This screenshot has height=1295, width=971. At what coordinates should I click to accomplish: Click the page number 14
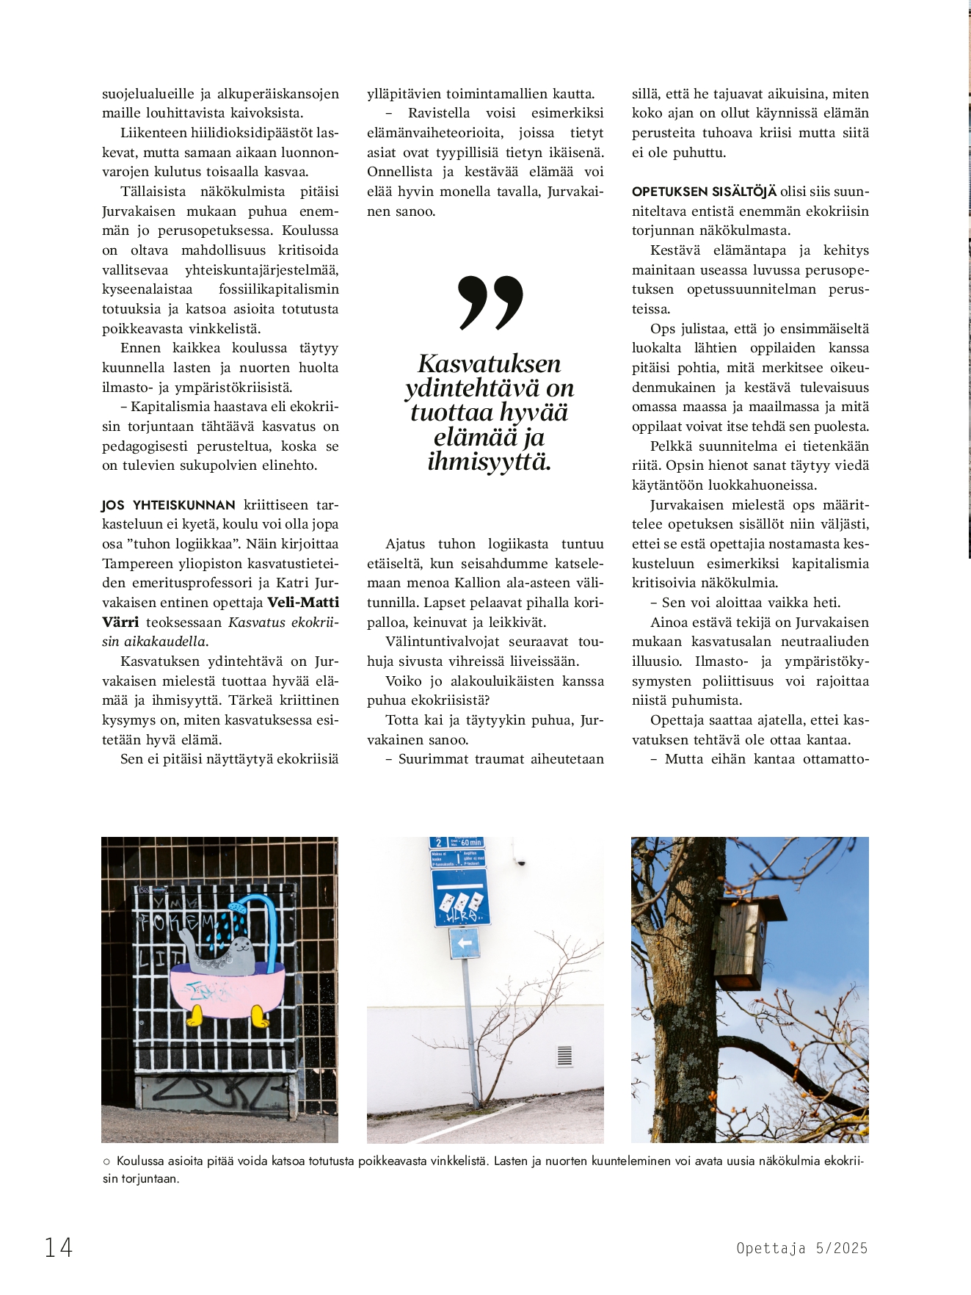[59, 1247]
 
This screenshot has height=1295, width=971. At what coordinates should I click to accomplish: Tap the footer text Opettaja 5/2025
[801, 1248]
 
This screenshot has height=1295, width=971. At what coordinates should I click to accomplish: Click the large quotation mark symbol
[490, 302]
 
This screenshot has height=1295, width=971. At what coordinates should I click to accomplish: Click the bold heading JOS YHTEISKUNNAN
[168, 505]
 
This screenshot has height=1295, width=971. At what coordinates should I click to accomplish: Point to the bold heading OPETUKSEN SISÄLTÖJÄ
[703, 192]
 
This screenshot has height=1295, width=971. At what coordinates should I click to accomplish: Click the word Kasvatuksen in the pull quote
[489, 363]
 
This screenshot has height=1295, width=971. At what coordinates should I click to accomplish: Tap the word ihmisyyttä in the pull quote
[489, 462]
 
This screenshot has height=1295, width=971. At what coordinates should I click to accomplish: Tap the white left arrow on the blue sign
[463, 943]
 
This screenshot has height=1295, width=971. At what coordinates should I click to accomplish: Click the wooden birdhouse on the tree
[746, 942]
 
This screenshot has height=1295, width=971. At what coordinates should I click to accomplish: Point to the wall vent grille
[564, 1056]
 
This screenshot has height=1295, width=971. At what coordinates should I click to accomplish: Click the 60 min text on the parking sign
[470, 843]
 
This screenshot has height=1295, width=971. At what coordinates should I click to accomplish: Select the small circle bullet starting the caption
[106, 1161]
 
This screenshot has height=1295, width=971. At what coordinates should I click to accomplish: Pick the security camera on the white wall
[521, 860]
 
